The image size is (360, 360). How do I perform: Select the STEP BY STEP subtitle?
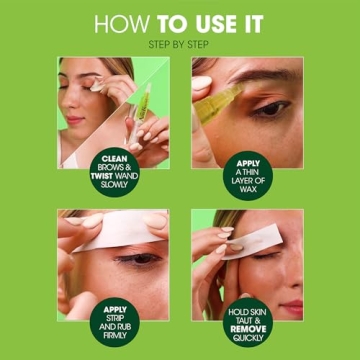pos(180,44)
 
